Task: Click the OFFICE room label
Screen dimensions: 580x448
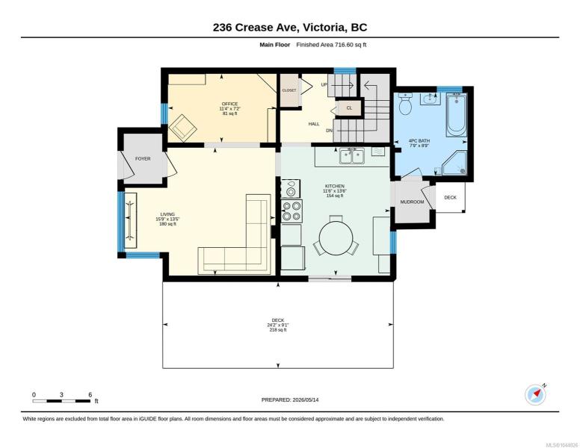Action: point(229,104)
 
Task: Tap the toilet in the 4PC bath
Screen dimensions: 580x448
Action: point(406,104)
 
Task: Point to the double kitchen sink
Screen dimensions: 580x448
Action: point(352,156)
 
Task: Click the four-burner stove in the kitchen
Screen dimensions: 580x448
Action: point(291,211)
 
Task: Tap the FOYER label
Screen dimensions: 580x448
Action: point(143,158)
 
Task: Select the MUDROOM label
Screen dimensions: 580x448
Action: point(412,202)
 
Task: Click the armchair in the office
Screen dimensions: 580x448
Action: point(182,128)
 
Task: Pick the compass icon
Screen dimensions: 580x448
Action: point(536,394)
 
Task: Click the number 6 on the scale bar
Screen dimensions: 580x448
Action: point(90,395)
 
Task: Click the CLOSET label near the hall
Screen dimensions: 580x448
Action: point(289,90)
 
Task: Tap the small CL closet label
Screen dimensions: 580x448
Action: point(349,108)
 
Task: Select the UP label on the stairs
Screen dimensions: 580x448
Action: point(324,84)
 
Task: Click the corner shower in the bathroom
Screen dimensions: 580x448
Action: point(454,163)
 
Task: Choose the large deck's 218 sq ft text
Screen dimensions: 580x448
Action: point(278,330)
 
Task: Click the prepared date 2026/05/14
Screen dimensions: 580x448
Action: point(306,399)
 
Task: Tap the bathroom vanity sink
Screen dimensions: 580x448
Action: point(431,99)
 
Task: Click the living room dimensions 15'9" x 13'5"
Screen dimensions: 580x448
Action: point(167,220)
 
